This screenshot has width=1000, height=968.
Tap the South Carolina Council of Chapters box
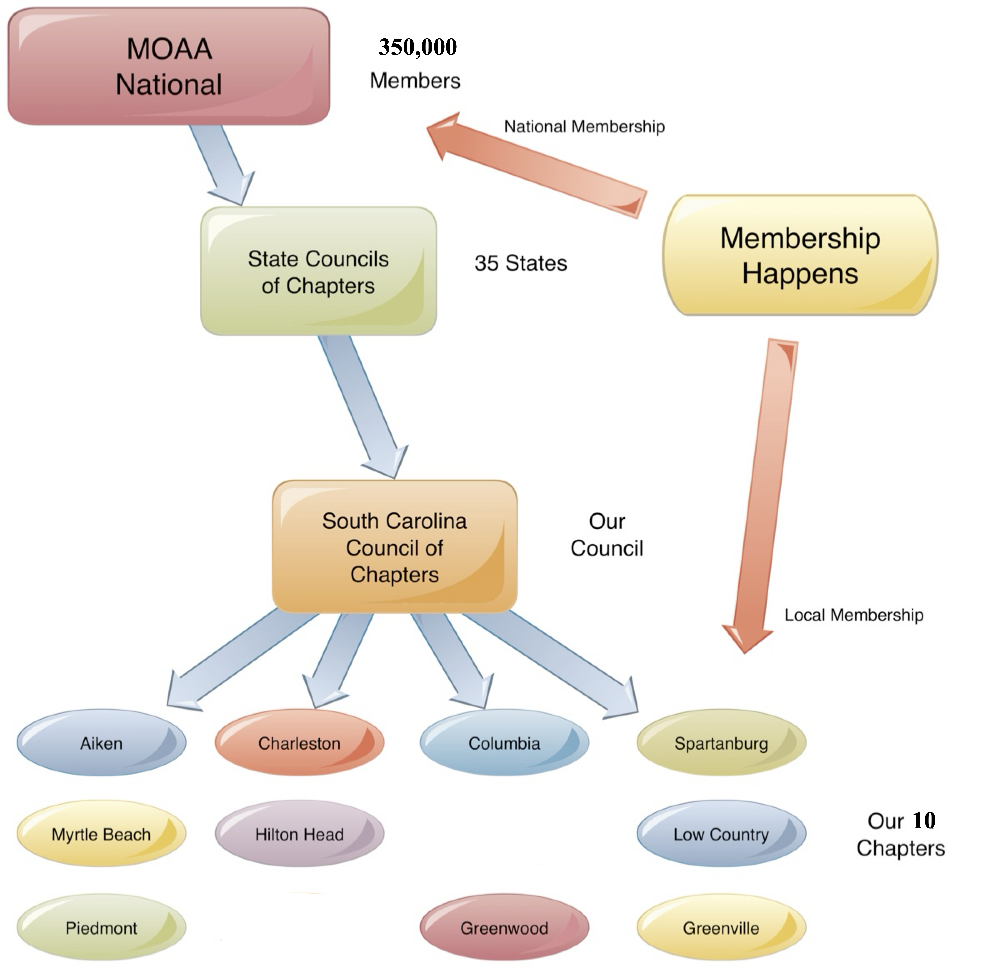pyautogui.click(x=394, y=547)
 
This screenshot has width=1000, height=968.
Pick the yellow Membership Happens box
pyautogui.click(x=799, y=255)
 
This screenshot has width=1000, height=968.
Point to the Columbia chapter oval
pyautogui.click(x=504, y=743)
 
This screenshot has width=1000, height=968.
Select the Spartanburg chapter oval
pyautogui.click(x=721, y=743)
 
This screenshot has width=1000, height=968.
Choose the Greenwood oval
pyautogui.click(x=504, y=928)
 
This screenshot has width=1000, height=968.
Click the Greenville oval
pyautogui.click(x=721, y=928)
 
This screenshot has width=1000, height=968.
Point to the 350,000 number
pyautogui.click(x=417, y=47)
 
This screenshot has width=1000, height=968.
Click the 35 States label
pyautogui.click(x=520, y=263)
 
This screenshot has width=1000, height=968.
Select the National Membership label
pyautogui.click(x=584, y=127)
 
